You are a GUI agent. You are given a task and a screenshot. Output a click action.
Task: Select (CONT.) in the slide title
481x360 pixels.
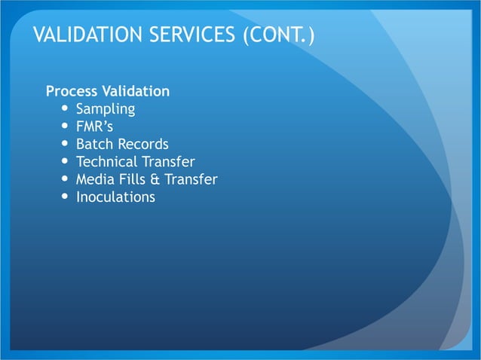[278, 35]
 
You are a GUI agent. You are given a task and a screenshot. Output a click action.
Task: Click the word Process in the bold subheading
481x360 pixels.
[72, 92]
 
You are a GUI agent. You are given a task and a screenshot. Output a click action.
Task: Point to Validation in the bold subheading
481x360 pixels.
[136, 92]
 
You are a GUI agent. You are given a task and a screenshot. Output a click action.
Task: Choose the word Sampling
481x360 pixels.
[106, 109]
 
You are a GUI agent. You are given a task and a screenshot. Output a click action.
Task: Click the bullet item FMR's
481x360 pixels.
[94, 127]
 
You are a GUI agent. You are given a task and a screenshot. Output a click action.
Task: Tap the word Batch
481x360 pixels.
[94, 144]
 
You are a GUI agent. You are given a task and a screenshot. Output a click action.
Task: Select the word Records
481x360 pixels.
[142, 144]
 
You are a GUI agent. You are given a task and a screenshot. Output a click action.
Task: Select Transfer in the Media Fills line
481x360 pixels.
[191, 179]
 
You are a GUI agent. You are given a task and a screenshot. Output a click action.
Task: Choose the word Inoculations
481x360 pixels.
[115, 197]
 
